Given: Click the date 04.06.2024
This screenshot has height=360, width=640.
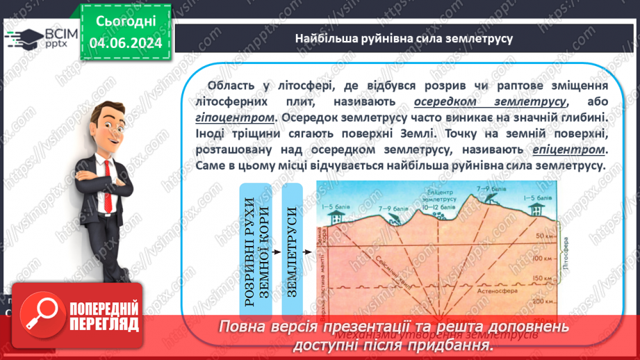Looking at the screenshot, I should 126,44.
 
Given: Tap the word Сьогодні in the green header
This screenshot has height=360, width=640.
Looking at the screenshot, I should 126,22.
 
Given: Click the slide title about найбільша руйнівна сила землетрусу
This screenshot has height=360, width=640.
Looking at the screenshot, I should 404,38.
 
